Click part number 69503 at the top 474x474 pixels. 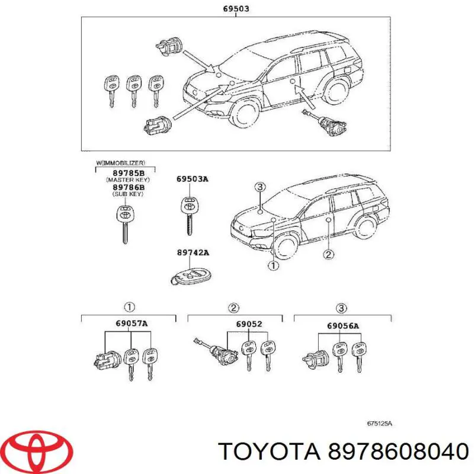pyautogui.click(x=236, y=9)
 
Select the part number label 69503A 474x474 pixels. pyautogui.click(x=191, y=178)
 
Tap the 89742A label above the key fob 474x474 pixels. pyautogui.click(x=193, y=252)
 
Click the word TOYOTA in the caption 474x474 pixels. pyautogui.click(x=267, y=452)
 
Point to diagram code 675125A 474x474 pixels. pyautogui.click(x=380, y=424)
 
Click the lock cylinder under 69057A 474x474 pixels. pyautogui.click(x=105, y=357)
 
